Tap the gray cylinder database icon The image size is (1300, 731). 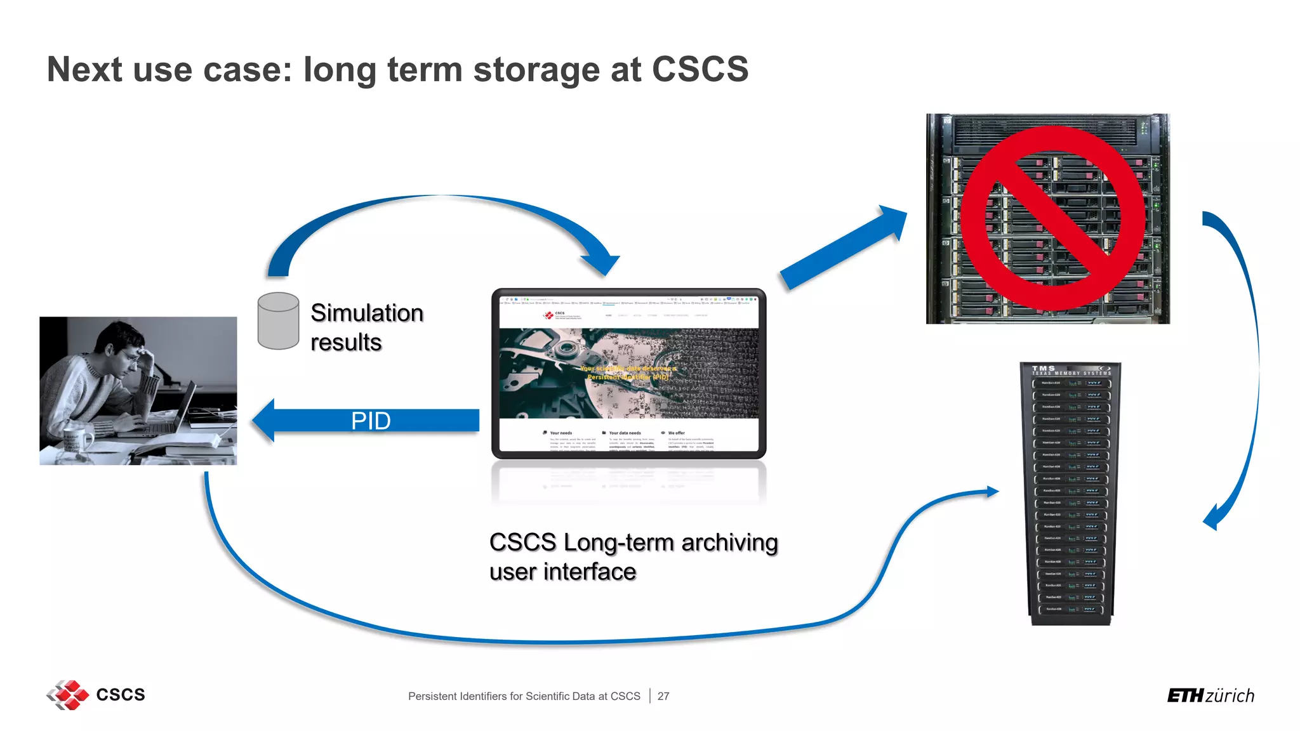tap(278, 321)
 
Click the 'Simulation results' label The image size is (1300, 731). tap(366, 327)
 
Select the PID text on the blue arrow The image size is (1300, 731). tap(371, 421)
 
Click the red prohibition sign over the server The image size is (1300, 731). tap(1052, 219)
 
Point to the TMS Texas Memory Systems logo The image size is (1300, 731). tap(1070, 370)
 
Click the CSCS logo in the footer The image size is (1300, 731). tap(95, 695)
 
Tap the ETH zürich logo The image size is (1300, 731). tap(1210, 696)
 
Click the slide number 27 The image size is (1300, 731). tap(663, 696)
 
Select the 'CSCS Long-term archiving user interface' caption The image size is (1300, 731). tap(632, 556)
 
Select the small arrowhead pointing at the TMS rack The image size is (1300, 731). tap(992, 491)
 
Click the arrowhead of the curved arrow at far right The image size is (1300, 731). tap(1212, 517)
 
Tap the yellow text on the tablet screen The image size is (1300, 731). tap(628, 372)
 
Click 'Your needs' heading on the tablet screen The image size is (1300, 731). tap(560, 433)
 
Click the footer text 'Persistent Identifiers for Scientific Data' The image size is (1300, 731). tap(524, 696)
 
